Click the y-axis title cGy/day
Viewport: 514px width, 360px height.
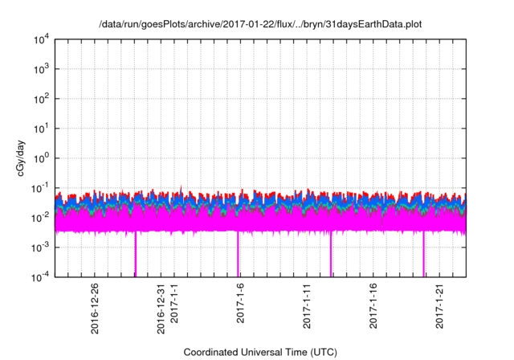click(18, 157)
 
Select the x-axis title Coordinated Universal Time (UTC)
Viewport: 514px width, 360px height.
click(259, 352)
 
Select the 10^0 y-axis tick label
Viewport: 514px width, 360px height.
click(40, 158)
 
